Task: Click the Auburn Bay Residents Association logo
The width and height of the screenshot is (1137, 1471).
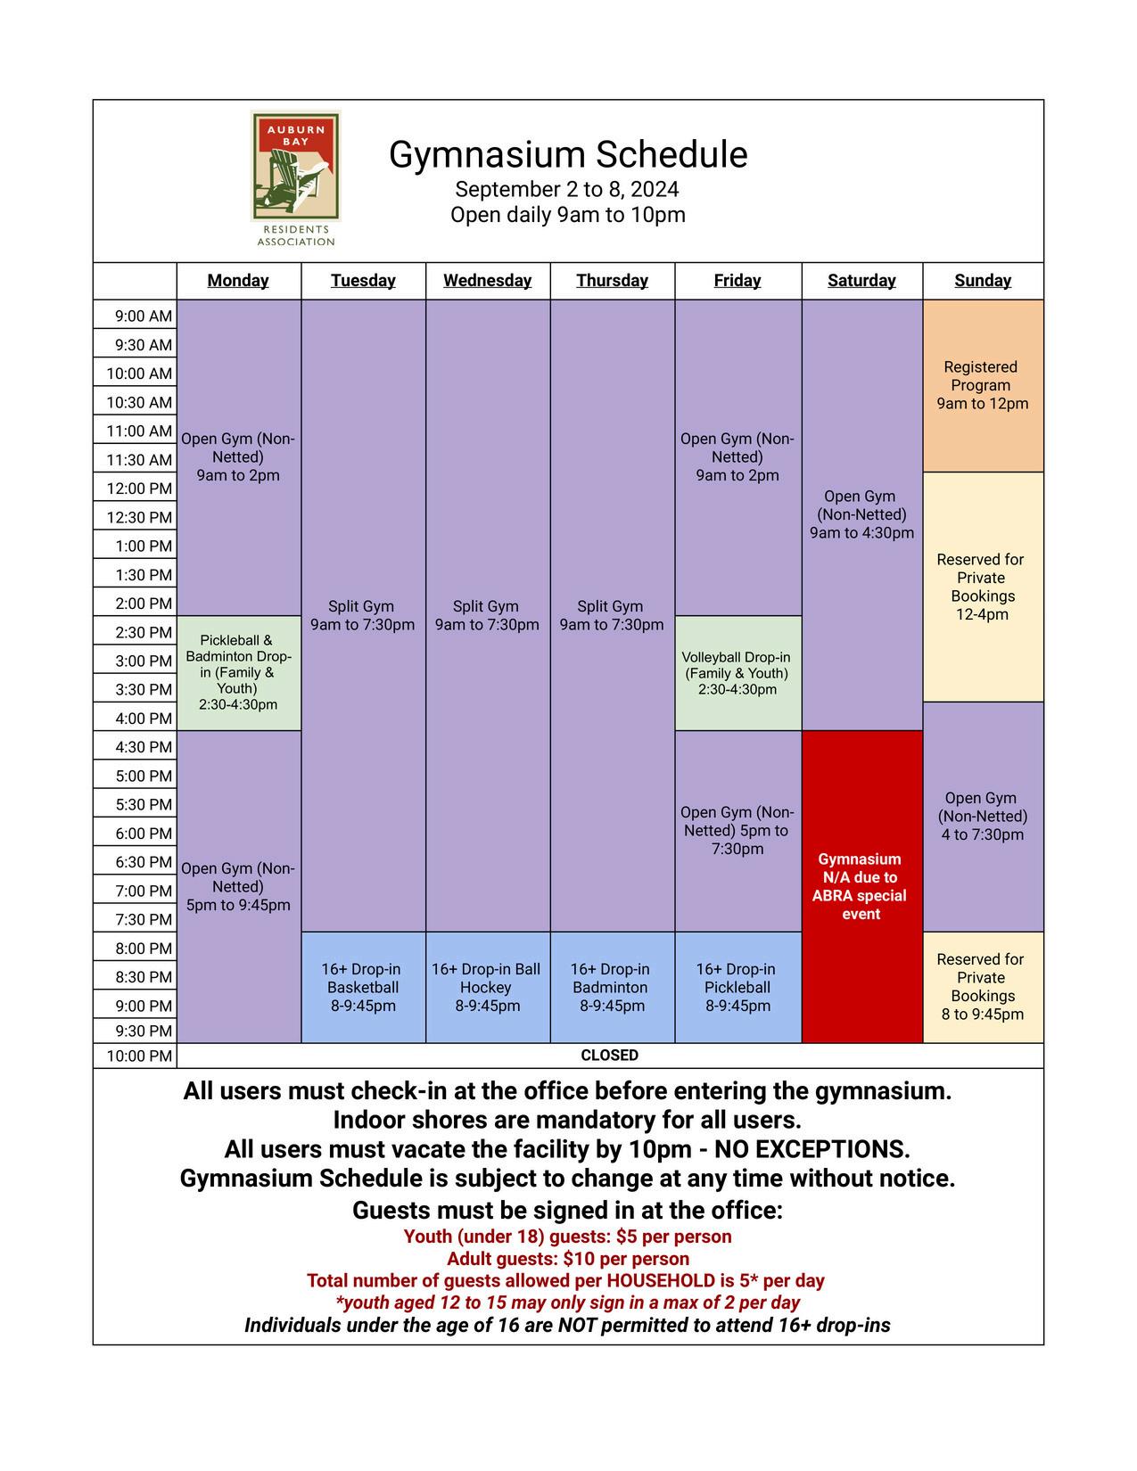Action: [x=295, y=177]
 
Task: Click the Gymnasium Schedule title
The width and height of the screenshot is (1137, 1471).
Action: [x=568, y=154]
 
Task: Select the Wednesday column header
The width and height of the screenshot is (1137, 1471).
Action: [x=487, y=281]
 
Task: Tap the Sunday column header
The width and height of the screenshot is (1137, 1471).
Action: [x=983, y=281]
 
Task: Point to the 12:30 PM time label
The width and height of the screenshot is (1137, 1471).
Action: [x=139, y=517]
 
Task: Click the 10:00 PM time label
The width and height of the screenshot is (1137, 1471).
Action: [x=139, y=1056]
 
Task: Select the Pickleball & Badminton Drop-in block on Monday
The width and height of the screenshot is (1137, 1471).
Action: [x=238, y=672]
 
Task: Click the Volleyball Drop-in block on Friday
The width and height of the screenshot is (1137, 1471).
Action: [x=737, y=673]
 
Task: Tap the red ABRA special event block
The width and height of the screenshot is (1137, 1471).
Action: [x=861, y=886]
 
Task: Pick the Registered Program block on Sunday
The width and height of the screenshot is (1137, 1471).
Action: [x=982, y=385]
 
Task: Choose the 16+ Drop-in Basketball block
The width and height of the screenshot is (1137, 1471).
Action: [x=362, y=987]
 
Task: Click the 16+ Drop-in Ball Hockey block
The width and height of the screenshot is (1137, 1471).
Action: [x=487, y=987]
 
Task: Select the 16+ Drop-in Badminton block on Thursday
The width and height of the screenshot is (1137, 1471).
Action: [x=611, y=987]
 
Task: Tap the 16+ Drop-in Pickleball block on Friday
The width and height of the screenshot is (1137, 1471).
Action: [x=737, y=987]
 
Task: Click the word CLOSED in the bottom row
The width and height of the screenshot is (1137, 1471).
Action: [x=609, y=1056]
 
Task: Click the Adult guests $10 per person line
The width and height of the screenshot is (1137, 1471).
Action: [x=568, y=1259]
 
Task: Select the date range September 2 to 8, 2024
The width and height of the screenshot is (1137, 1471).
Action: [x=567, y=190]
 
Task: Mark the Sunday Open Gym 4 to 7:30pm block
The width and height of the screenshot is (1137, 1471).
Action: [x=982, y=817]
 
